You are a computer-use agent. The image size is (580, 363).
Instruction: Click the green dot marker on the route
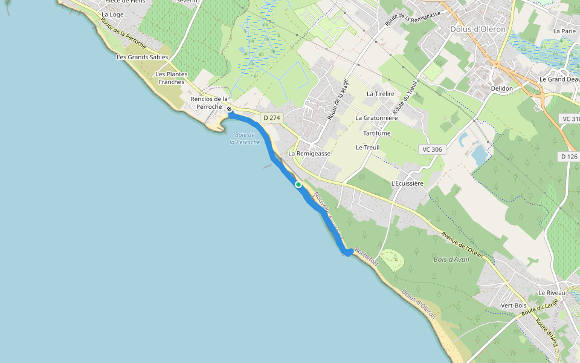298,185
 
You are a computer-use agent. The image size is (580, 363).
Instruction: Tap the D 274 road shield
271,117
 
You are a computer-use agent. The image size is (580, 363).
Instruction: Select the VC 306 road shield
432,149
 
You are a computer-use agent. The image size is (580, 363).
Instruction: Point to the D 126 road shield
568,156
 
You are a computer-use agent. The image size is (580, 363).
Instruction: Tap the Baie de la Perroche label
245,139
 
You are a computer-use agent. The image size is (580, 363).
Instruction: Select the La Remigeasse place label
309,154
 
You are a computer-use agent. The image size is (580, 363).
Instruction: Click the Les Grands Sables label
142,57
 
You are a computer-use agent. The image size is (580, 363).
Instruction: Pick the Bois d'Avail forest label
451,259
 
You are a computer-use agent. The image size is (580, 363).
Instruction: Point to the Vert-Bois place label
514,306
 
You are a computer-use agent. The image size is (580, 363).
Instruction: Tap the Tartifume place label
377,133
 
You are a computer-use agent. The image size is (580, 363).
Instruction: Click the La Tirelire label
381,94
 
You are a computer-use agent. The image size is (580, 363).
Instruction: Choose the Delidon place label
502,88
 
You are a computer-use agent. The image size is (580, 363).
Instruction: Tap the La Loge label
112,15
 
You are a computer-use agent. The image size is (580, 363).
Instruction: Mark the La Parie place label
565,31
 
